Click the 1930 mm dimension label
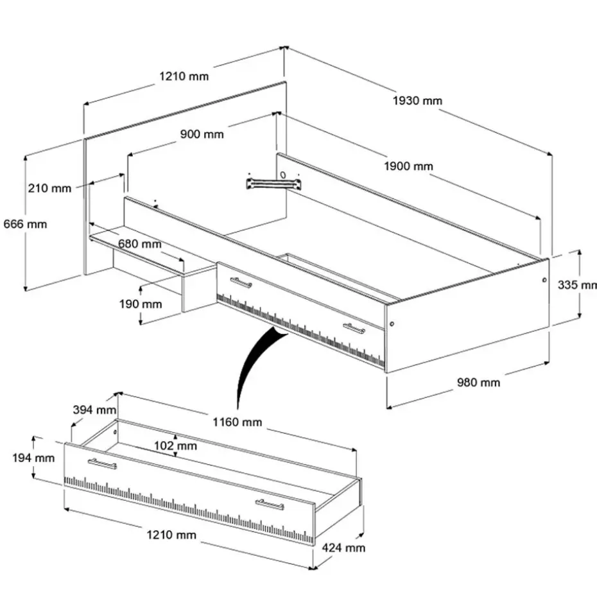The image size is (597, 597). click(x=417, y=100)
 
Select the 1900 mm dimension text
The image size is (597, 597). click(x=408, y=166)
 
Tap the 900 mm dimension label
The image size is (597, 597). click(x=202, y=134)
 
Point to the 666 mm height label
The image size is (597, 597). click(x=25, y=224)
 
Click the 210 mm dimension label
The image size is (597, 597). click(x=49, y=188)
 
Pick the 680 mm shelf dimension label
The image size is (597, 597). click(x=140, y=244)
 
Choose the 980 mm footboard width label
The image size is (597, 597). click(x=478, y=383)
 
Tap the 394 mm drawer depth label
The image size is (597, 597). click(x=94, y=410)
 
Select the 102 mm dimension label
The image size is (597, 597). click(x=176, y=446)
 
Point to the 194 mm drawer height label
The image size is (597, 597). click(x=33, y=458)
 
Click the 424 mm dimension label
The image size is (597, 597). click(x=344, y=548)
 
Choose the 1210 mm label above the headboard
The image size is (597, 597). click(x=184, y=76)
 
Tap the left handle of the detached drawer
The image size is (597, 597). click(x=102, y=463)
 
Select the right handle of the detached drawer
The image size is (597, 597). click(x=270, y=505)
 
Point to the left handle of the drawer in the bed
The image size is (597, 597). click(x=241, y=282)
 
